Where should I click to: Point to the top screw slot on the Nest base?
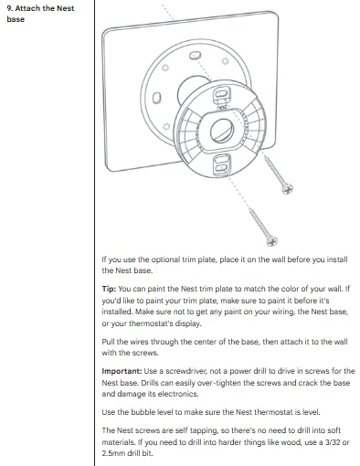click(x=220, y=94)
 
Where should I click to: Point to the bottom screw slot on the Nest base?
click(x=220, y=164)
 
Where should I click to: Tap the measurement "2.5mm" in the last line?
click(x=116, y=452)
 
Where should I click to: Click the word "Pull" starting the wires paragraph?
click(x=110, y=342)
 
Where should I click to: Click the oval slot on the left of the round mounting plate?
click(x=156, y=98)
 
